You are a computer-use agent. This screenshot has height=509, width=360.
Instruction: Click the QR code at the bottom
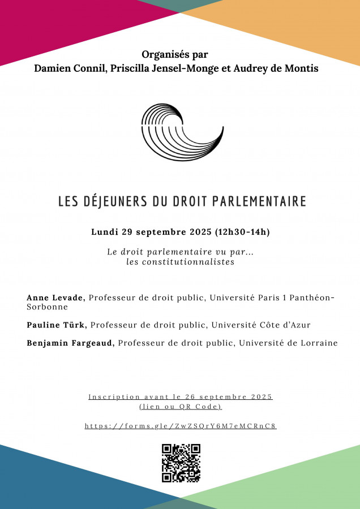[181, 463]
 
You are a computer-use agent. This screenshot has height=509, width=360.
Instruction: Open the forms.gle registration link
[181, 426]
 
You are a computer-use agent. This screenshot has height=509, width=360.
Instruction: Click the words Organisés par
[175, 55]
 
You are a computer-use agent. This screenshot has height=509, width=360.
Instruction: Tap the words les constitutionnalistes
[180, 262]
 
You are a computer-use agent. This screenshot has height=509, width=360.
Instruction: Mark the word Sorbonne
[47, 307]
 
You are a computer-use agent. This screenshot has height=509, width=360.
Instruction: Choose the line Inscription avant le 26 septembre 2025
[181, 397]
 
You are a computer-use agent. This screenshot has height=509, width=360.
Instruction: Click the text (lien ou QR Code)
[181, 407]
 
